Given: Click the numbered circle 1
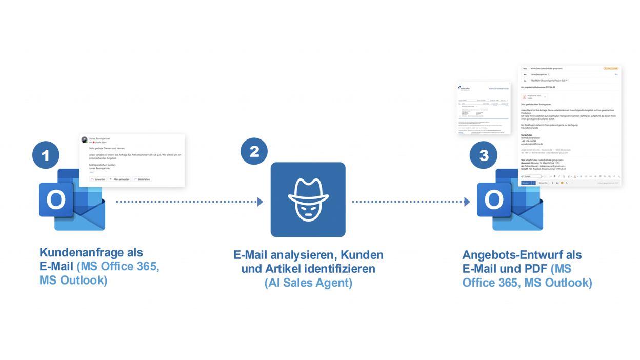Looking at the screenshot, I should [46, 155].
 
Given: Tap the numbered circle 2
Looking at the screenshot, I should [254, 151].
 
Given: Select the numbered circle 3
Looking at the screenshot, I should [483, 155].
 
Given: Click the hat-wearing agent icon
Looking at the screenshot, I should [308, 199].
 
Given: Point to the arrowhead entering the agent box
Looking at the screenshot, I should [260, 202].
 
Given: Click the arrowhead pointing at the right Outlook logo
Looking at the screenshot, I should [467, 202].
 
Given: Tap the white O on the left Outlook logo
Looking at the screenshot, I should [55, 199].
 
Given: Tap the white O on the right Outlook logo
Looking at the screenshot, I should [493, 199].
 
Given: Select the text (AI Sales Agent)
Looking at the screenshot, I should [308, 283].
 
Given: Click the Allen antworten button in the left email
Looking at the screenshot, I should [119, 179].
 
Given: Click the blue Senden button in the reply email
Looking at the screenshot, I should [526, 183].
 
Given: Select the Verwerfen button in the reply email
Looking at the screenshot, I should [543, 183].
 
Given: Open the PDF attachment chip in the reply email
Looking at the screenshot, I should [534, 96].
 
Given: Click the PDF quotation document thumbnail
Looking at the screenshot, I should [483, 108].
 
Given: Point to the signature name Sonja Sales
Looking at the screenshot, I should [527, 135].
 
